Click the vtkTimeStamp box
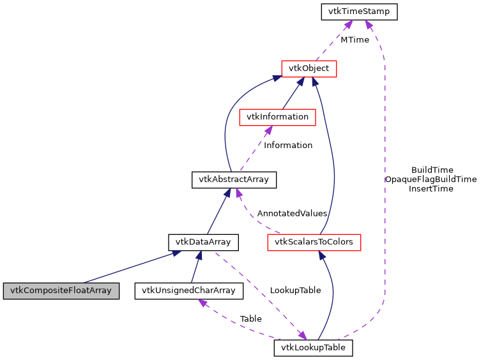[x=360, y=11]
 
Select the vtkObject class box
[x=309, y=68]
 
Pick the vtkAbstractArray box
[x=234, y=180]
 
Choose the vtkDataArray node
[x=203, y=243]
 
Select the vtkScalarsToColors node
[x=314, y=243]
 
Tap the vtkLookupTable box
[x=313, y=348]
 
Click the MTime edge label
[x=355, y=40]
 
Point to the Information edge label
[x=288, y=145]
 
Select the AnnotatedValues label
[x=292, y=213]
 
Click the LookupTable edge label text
[x=295, y=290]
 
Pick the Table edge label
[x=250, y=319]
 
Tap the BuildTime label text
[x=432, y=170]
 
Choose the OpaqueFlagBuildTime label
[x=431, y=179]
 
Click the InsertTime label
[x=431, y=189]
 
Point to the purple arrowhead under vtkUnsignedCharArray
[x=202, y=303]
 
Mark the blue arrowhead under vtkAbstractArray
[x=226, y=193]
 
